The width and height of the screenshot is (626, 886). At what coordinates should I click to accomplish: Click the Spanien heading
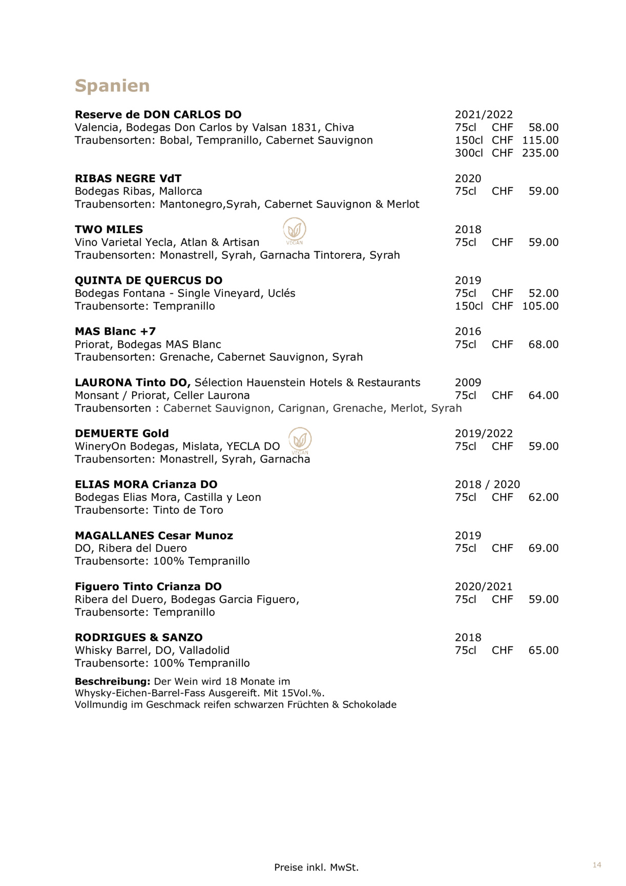pos(112,86)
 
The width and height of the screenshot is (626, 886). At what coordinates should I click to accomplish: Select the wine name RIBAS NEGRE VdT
pos(128,178)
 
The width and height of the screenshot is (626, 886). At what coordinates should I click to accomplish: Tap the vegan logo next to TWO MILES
pos(295,230)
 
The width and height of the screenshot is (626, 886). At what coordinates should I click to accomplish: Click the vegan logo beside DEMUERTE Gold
pos(300,440)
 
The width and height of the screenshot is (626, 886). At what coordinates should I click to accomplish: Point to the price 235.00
pos(540,153)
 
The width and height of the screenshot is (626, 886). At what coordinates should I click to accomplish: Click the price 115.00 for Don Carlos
pos(540,140)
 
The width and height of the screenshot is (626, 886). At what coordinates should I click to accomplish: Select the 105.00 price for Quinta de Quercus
pos(540,306)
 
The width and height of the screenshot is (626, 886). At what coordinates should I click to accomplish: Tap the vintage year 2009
pos(468,382)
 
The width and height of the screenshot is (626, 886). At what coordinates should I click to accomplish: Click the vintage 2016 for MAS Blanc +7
pos(468,331)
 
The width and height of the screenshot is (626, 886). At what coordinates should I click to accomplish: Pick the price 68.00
pos(543,345)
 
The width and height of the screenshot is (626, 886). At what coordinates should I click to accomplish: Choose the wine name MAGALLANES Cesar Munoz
pos(154,535)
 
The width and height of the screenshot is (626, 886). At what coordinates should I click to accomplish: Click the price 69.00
pos(543,548)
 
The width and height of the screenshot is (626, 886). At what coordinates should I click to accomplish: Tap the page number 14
pos(597,865)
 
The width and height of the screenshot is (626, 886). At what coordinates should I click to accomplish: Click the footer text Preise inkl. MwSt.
pos(316,868)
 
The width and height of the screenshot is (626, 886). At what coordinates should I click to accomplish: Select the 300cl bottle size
pos(468,153)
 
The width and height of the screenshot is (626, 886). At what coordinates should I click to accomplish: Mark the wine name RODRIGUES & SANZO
pos(138,637)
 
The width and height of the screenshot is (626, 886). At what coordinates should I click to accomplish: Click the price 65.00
pos(543,650)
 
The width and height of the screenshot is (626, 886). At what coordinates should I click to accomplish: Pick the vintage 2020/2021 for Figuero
pos(483,587)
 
